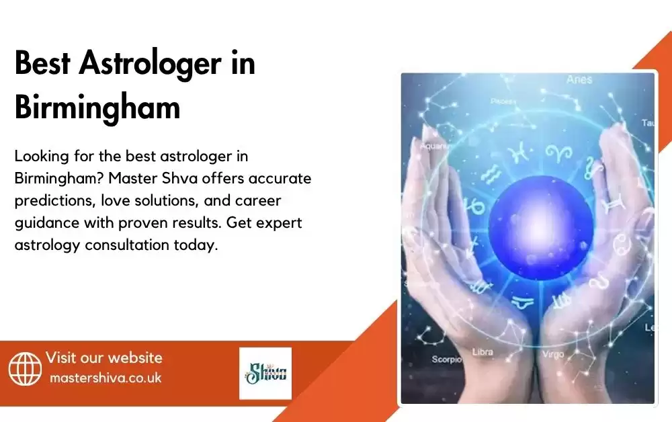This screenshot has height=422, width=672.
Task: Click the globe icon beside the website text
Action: (x=25, y=369)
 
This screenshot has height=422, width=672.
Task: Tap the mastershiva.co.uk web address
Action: (x=106, y=378)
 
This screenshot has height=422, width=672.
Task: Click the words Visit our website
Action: (x=103, y=357)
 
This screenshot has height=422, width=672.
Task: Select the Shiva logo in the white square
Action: (x=265, y=373)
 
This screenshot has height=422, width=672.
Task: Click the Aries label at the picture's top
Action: (x=579, y=79)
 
